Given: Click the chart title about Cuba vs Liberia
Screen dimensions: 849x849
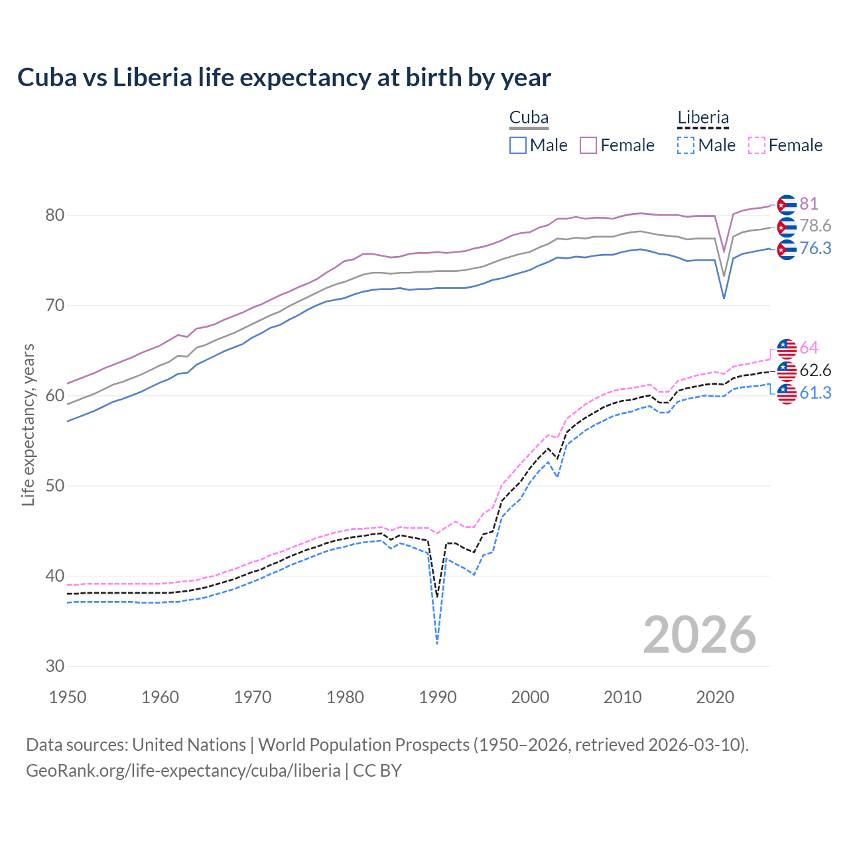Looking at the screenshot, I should [284, 78].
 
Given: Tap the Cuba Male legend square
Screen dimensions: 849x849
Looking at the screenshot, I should [518, 145].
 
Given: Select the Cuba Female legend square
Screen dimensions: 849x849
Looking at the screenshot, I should [588, 145].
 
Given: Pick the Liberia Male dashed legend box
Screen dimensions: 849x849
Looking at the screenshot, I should [686, 145].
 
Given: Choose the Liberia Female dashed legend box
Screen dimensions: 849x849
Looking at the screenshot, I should [756, 145].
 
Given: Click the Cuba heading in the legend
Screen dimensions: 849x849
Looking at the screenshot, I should [529, 118].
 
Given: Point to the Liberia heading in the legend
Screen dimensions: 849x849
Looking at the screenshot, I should [703, 118].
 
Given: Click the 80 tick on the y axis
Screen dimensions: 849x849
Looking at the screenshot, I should [55, 216].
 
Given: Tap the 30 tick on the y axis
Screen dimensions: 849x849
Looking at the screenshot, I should [55, 666].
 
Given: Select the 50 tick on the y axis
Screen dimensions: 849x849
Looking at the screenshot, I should [55, 486].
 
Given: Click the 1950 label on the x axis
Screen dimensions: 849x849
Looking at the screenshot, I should [68, 697].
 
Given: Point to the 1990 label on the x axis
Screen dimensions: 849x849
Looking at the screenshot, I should [438, 697].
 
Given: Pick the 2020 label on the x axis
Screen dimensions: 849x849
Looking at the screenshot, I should [715, 697].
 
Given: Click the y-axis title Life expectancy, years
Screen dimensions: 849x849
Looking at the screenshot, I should [29, 424].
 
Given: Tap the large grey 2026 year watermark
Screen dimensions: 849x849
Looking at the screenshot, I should [700, 635].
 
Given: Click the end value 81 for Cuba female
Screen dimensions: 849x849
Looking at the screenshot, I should [809, 204].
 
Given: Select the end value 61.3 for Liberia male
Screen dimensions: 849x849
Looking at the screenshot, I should [815, 393].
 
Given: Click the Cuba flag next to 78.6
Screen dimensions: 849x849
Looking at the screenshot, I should [787, 227].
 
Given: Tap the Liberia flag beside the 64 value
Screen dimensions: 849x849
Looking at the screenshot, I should [787, 348].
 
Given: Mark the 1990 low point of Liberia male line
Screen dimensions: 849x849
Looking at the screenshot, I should [437, 643].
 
